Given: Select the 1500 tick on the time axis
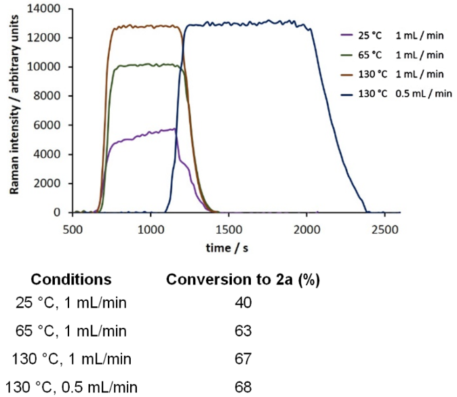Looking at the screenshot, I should pos(228,228).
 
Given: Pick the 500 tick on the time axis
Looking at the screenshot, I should pos(73,228).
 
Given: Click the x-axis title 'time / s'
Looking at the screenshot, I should pos(228,249).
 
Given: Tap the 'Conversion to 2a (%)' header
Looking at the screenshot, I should pos(242,279).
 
